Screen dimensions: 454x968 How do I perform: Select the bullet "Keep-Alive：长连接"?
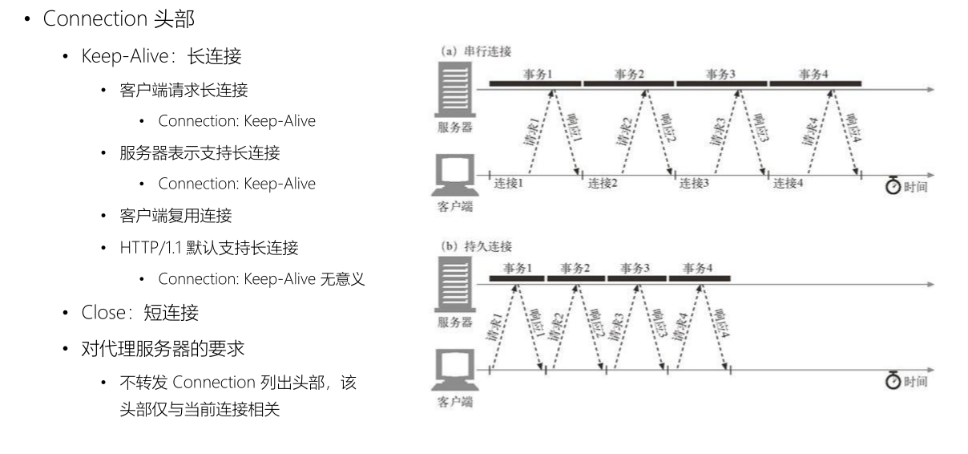[161, 57]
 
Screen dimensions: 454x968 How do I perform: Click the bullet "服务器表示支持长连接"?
[200, 152]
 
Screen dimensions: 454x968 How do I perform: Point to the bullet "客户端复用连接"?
[175, 216]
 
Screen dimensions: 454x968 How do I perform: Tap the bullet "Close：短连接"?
[139, 312]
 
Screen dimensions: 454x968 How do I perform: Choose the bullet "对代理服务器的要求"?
[163, 350]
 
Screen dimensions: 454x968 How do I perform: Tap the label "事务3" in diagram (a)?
[720, 75]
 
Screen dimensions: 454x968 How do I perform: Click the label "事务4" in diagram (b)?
[697, 268]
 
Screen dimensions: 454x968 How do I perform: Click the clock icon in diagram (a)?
[894, 186]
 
